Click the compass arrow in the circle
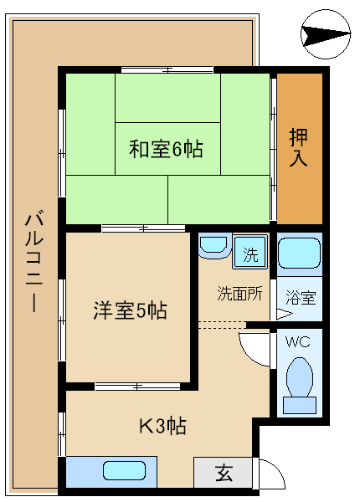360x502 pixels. point(326,34)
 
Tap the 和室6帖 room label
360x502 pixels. point(166,149)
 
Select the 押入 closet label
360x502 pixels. point(299,147)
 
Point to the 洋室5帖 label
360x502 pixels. point(130,310)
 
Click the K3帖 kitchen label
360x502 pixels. point(162,426)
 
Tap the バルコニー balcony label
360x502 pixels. point(34,261)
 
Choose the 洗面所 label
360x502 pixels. point(240,293)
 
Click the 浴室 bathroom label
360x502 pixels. point(301,297)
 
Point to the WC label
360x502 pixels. point(298,342)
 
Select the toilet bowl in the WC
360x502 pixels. point(300,378)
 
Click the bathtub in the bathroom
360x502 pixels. point(299,254)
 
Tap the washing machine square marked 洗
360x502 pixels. point(249,252)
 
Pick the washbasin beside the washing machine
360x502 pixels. point(214,246)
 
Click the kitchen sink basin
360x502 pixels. point(124,470)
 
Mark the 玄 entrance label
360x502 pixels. point(224,473)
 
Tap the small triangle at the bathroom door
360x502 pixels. point(284,314)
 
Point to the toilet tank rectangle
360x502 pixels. point(300,405)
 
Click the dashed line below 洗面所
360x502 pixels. point(222,325)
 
